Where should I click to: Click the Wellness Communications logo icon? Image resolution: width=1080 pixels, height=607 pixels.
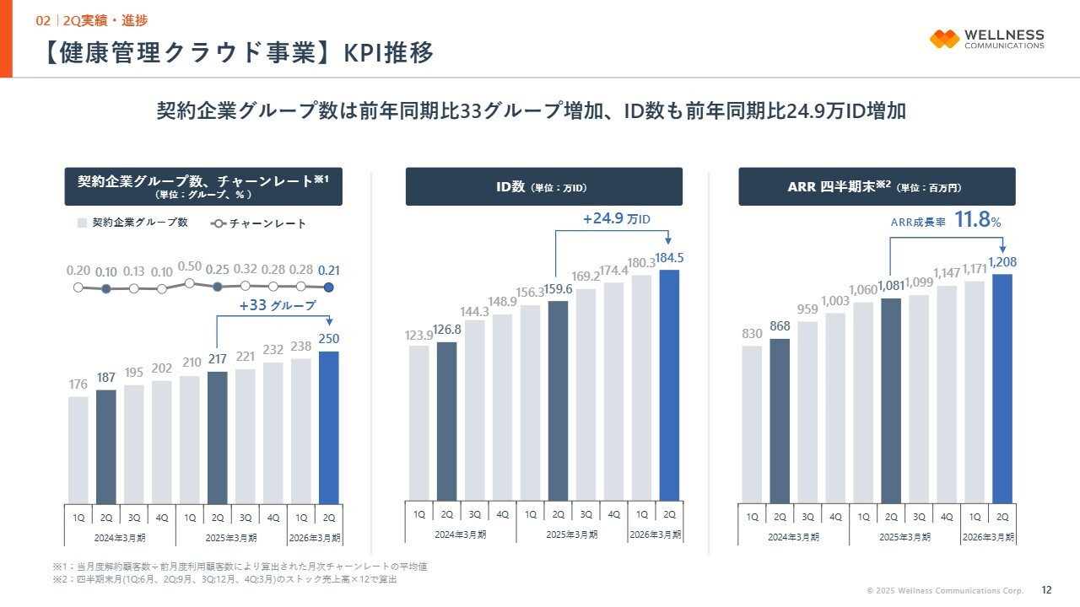[944, 39]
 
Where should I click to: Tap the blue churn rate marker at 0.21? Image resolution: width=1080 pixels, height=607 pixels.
[329, 287]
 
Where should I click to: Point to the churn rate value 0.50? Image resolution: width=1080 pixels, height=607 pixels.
[190, 267]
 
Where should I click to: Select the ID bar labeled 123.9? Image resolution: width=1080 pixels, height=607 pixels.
[419, 422]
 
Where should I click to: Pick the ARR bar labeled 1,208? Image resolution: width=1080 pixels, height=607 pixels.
[1002, 388]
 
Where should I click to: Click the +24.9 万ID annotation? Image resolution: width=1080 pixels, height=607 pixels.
[617, 219]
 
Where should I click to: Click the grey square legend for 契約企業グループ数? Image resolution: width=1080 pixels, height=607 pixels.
[82, 223]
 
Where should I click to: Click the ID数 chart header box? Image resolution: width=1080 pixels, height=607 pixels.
[543, 186]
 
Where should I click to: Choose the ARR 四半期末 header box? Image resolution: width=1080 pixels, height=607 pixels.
[877, 186]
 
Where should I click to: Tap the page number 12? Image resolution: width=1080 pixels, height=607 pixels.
[1047, 589]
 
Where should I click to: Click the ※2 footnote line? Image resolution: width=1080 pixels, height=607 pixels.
[224, 579]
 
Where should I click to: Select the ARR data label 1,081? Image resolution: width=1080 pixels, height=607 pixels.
[892, 286]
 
